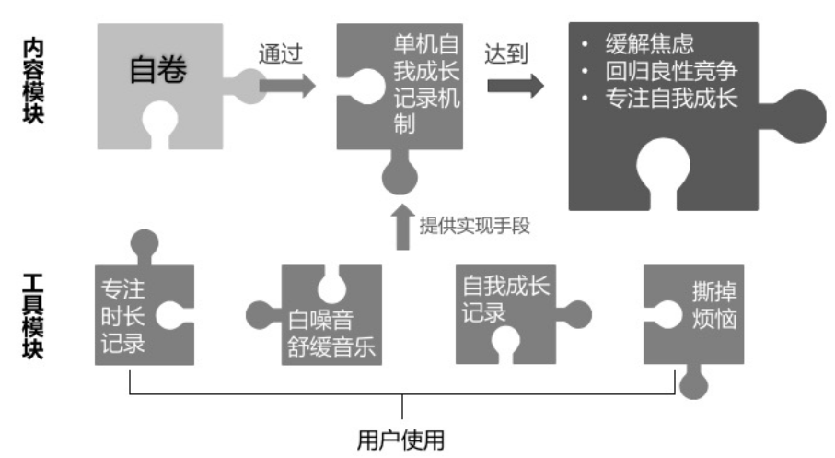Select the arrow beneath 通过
point(286,86)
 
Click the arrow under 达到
point(514,86)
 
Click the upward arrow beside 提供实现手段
point(402,227)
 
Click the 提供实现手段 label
point(474,226)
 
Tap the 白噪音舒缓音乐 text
point(332,335)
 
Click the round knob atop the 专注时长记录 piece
point(145,246)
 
